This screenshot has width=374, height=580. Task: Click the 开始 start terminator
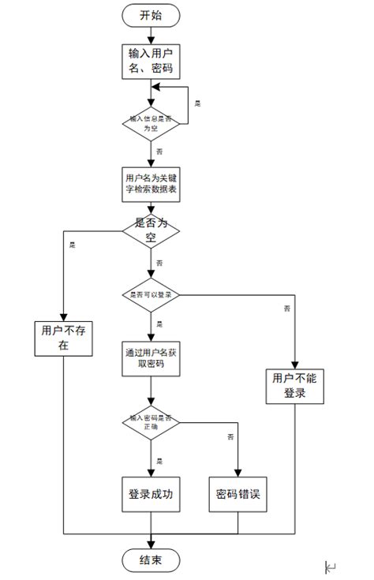pyautogui.click(x=151, y=15)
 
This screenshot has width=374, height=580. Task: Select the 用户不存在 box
pyautogui.click(x=62, y=339)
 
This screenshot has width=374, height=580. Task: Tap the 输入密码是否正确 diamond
pyautogui.click(x=151, y=422)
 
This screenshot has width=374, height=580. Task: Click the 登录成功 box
pyautogui.click(x=151, y=495)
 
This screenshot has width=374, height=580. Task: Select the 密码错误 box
pyautogui.click(x=238, y=495)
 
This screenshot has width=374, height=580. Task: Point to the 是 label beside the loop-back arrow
pyautogui.click(x=197, y=103)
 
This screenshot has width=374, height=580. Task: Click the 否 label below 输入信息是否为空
pyautogui.click(x=160, y=150)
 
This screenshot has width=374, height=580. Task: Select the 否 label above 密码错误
pyautogui.click(x=230, y=436)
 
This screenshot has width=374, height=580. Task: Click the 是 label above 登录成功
pyautogui.click(x=159, y=461)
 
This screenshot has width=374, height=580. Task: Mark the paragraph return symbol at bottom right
pyautogui.click(x=331, y=567)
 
